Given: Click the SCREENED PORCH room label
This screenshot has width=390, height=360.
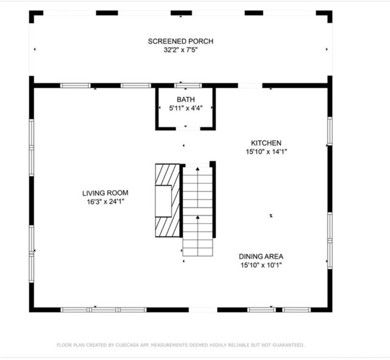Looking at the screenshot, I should pos(180,41).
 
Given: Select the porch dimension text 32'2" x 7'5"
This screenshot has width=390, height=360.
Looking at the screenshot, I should pos(180,50).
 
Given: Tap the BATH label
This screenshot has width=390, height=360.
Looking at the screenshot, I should pos(185,99).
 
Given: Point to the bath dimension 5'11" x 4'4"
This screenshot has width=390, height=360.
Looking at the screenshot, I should pos(185,108).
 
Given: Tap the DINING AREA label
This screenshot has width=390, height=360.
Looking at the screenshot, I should pos(261,256).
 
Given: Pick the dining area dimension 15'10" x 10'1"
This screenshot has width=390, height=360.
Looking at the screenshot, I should pos(261,265).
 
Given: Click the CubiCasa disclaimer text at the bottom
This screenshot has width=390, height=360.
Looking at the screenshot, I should pos(180,345).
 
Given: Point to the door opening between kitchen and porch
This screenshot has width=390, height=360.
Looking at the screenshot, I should pos(249,85).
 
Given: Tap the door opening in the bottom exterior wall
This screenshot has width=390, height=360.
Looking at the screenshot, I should pos(203,309).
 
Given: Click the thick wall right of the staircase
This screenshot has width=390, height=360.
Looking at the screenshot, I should pos(213,200).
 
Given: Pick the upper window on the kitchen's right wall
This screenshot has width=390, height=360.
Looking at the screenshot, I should pos(330,131).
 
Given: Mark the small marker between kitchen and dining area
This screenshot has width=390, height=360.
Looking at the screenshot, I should pos(271,215).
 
